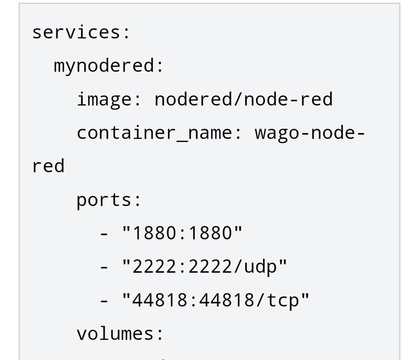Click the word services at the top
click(x=76, y=32)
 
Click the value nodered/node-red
click(x=243, y=99)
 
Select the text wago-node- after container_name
click(x=309, y=133)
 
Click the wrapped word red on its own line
click(x=48, y=166)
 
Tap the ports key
click(x=104, y=200)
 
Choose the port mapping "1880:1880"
click(x=182, y=233)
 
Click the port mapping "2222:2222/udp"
click(x=205, y=267)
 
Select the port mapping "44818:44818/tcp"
click(x=216, y=300)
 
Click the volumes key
click(x=115, y=334)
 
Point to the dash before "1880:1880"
click(x=104, y=235)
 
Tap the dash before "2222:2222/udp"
click(x=104, y=268)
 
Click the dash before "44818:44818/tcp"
click(x=104, y=302)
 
